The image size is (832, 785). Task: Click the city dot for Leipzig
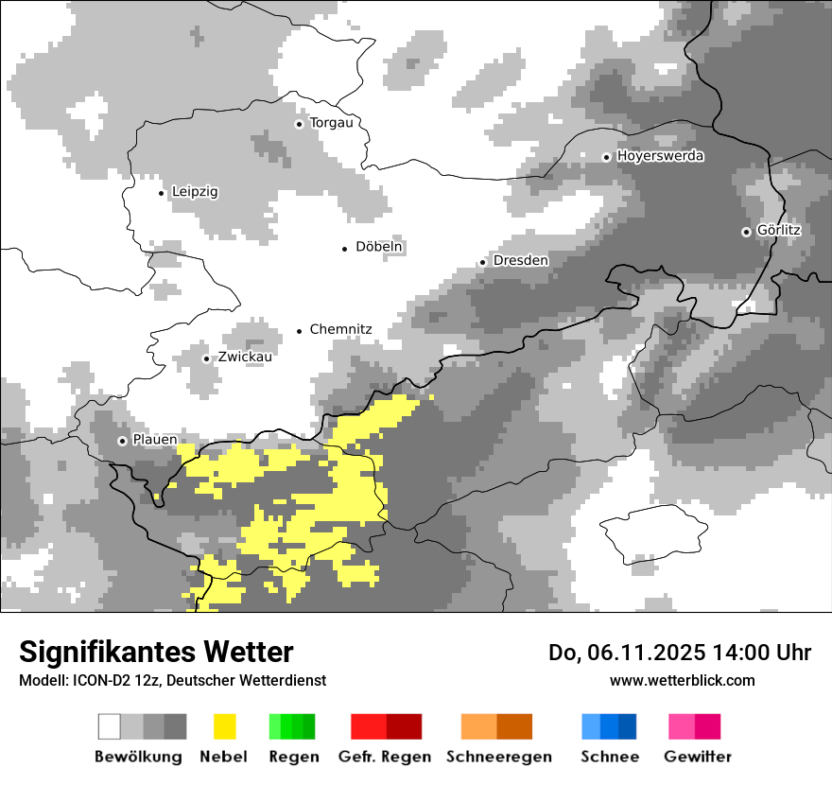pos(162,193)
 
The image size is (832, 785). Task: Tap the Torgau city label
pos(331,123)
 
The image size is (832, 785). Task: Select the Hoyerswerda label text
pos(660,156)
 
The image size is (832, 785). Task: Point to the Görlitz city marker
pos(746,232)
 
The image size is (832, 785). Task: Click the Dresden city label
pos(521,260)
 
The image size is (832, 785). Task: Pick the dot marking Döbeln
pos(345,248)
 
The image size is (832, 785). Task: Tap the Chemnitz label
pos(340,330)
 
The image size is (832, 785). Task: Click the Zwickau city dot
pos(207,358)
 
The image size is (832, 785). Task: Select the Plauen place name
pos(154,441)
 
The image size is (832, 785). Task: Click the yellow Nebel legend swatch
pos(224,726)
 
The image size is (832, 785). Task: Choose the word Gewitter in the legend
pos(698,757)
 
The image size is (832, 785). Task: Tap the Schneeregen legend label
pos(499,757)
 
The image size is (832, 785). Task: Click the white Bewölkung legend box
pos(110,726)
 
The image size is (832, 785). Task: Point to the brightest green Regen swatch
pos(275,726)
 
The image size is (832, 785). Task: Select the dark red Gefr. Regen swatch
pos(404,726)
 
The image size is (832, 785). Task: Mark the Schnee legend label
pos(609,757)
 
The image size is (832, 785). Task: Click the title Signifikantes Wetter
pos(156,653)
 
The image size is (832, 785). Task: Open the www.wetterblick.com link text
pos(682,681)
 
